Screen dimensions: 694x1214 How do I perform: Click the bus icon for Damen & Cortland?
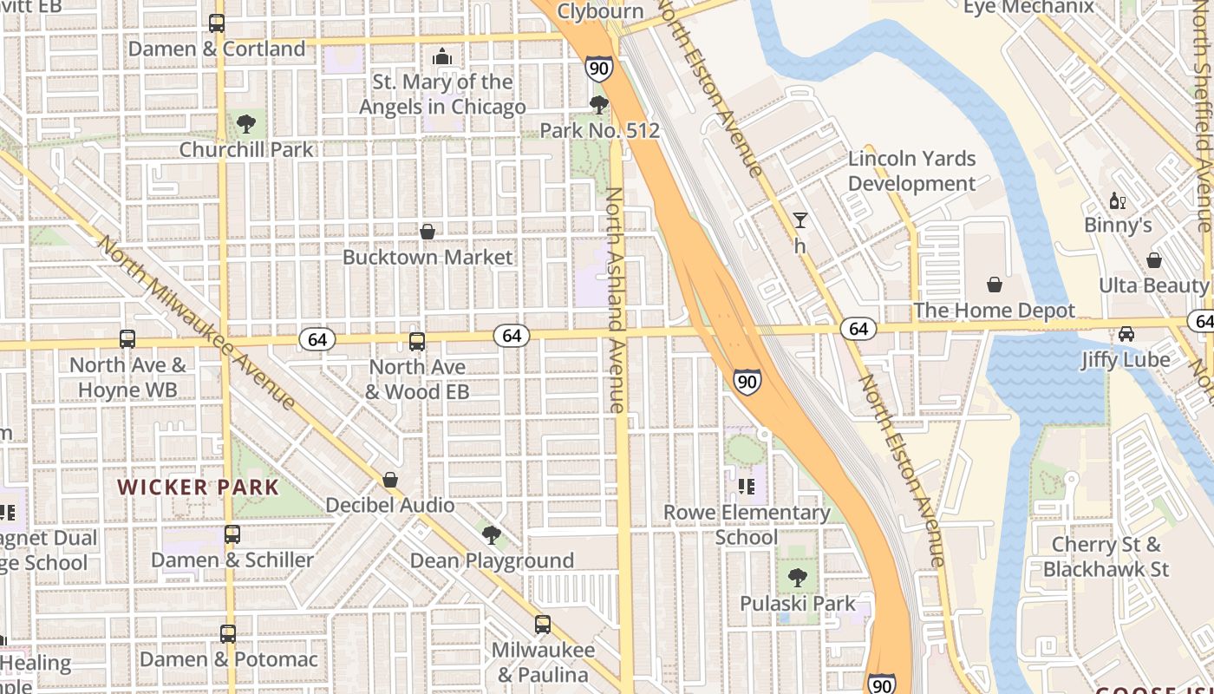point(217,23)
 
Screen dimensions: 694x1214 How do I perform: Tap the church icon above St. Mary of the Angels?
point(442,57)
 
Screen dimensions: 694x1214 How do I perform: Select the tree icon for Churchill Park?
point(246,124)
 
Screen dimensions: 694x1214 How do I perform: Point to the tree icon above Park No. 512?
point(598,106)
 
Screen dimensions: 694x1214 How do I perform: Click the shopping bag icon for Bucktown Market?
point(428,232)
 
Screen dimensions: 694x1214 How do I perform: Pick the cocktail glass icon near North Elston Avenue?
point(800,220)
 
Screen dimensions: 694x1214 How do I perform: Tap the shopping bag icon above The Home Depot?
point(994,285)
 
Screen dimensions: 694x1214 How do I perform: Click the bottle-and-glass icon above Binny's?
point(1118,200)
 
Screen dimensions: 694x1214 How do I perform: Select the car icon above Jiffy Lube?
point(1126,334)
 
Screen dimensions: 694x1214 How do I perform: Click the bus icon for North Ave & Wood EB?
point(417,342)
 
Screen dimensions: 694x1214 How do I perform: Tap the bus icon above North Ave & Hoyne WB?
point(127,339)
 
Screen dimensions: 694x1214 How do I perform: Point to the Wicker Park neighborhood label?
point(199,487)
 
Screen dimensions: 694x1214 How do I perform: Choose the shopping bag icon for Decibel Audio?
point(390,480)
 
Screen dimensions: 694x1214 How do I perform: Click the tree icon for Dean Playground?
point(492,534)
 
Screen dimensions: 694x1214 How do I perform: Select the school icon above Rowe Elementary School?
point(747,487)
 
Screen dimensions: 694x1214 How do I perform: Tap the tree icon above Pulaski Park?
point(798,578)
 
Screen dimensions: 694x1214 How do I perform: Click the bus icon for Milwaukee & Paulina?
point(543,624)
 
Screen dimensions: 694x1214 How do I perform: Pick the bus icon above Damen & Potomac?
point(228,634)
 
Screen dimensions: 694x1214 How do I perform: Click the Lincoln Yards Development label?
point(912,171)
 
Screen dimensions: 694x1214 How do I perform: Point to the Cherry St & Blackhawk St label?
point(1106,557)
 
